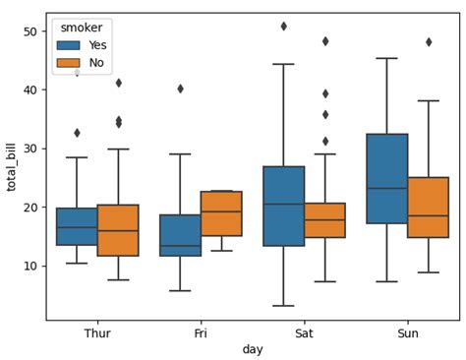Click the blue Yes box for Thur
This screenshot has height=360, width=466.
point(77,226)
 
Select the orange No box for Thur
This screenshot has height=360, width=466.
point(118,230)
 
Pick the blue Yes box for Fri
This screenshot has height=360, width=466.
point(180,235)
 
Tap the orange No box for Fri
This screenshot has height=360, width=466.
point(221,213)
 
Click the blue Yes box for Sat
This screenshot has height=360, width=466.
point(283,206)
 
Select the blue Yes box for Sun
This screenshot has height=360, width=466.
point(386,179)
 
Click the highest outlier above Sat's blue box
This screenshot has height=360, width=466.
point(283,27)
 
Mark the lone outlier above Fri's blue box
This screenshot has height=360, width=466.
point(180,89)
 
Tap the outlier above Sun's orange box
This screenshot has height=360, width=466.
point(428,42)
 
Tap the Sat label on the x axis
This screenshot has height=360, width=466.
point(304,333)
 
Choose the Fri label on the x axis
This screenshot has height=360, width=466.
point(201,333)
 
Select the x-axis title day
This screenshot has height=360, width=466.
point(252,349)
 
